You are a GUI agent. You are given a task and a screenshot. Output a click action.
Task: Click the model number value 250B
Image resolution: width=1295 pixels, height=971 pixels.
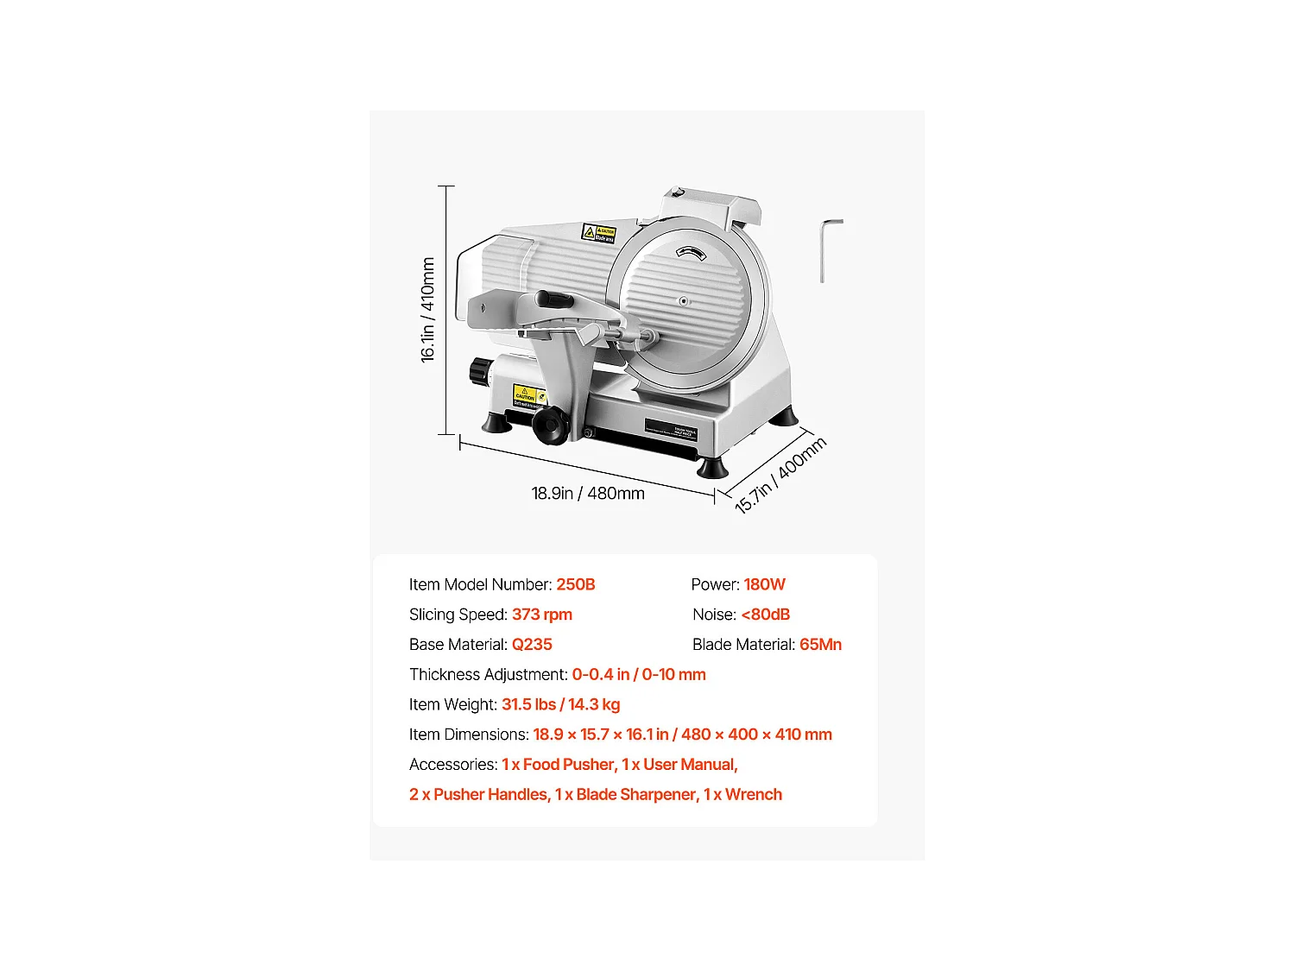575,584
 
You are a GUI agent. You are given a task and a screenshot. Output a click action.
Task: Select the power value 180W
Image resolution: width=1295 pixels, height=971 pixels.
764,584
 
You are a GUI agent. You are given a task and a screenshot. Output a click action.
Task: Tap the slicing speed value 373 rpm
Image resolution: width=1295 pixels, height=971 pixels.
541,615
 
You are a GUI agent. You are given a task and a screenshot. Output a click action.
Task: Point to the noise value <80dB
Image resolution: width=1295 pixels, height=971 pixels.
765,615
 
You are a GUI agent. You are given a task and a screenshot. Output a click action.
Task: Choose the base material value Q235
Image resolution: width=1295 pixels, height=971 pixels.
531,645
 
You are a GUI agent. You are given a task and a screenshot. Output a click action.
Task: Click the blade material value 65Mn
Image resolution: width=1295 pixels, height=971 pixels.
819,645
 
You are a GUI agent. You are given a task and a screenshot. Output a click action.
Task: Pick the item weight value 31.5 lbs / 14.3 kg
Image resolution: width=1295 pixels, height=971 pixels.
560,704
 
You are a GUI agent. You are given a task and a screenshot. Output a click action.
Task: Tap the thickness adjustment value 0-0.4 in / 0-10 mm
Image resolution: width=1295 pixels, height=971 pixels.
638,674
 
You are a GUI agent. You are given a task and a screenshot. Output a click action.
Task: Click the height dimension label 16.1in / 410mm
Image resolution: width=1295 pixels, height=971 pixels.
427,310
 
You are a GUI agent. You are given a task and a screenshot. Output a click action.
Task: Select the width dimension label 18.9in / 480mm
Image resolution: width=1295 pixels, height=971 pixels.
588,494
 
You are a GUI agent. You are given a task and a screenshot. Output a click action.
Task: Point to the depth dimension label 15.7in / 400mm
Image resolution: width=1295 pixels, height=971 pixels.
780,475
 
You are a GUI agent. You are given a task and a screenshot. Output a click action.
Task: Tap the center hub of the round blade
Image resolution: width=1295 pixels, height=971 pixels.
684,301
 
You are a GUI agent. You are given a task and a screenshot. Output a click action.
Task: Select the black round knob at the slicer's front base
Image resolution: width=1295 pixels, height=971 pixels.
548,426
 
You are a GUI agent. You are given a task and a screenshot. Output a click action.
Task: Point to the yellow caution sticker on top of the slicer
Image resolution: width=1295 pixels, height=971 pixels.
599,233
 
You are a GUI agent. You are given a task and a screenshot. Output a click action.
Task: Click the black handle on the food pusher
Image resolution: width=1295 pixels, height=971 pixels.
554,299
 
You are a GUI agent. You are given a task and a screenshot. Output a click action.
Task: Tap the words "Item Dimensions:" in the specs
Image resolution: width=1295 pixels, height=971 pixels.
469,735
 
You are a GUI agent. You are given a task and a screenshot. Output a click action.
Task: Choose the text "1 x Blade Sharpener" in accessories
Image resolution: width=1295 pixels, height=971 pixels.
625,795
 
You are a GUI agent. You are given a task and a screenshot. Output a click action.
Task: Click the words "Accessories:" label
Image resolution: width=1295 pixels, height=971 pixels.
453,765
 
